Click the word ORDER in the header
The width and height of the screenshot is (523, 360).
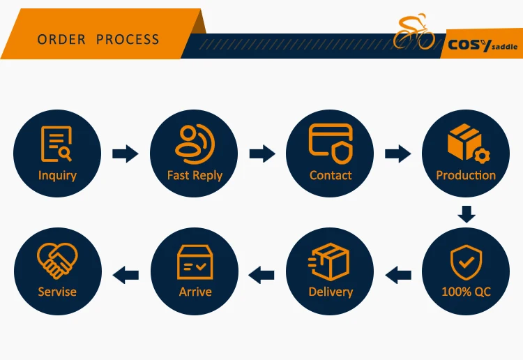[x=61, y=39]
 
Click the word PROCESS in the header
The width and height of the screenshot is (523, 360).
[x=128, y=39]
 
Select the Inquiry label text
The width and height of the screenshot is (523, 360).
[x=57, y=175]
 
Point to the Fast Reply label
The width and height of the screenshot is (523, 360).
[x=195, y=175]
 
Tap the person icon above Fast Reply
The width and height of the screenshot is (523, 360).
[x=195, y=142]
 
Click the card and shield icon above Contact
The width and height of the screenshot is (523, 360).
[x=331, y=142]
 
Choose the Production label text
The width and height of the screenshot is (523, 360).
[x=466, y=175]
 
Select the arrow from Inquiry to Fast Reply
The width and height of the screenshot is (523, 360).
[x=126, y=153]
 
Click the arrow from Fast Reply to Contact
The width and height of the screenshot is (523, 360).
[x=262, y=153]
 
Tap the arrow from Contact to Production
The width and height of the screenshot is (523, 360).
[x=397, y=153]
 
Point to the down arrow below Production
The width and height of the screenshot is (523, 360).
[x=466, y=213]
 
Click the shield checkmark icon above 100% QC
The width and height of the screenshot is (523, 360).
[x=466, y=262]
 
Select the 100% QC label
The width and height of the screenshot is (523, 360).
[x=466, y=292]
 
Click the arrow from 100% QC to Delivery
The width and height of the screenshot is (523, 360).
[x=398, y=274]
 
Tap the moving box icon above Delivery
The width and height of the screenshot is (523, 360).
[x=330, y=262]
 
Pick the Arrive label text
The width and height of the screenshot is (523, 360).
[x=195, y=292]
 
